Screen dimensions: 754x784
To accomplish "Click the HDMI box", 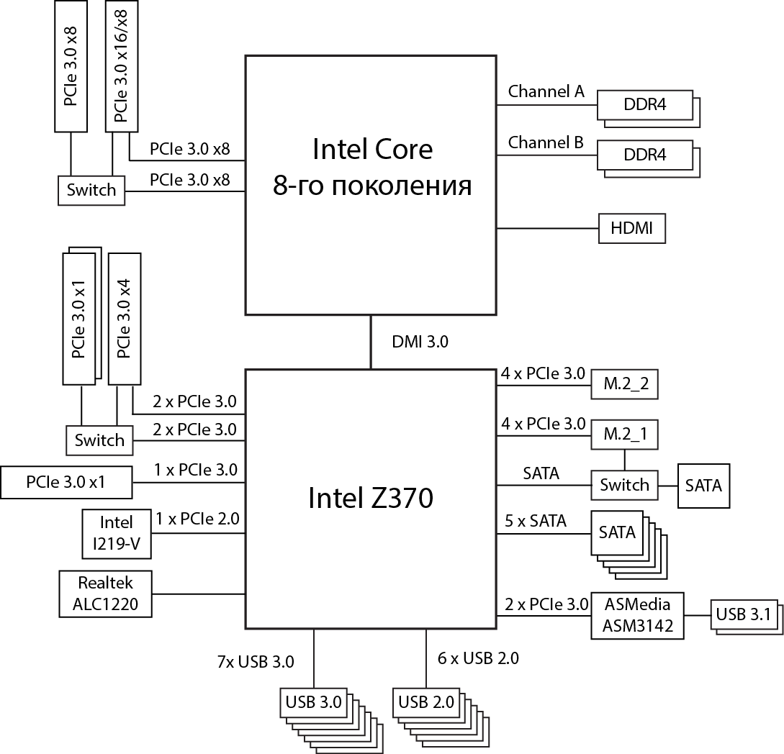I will click(x=632, y=229).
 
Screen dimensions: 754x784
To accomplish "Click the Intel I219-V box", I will click(x=117, y=533).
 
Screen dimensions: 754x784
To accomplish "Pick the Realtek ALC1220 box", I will click(x=105, y=594).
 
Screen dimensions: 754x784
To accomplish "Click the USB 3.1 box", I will click(x=742, y=614).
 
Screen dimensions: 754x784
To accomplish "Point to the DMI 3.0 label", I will click(x=420, y=342).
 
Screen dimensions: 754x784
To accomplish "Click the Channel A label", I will click(x=546, y=91).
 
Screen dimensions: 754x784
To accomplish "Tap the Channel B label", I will click(x=546, y=142).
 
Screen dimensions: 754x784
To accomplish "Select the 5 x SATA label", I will click(x=535, y=521).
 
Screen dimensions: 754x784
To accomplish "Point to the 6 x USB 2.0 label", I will click(x=478, y=658).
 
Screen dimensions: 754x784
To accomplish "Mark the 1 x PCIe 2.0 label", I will click(x=197, y=517).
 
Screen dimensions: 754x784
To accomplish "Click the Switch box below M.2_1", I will click(x=624, y=485).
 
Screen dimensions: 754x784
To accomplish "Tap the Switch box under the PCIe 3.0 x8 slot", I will click(x=91, y=190).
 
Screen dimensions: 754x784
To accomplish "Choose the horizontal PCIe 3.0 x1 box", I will click(x=66, y=482).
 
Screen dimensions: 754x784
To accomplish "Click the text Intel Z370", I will click(x=371, y=498).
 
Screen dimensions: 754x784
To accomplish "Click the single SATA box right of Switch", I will click(x=703, y=485).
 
